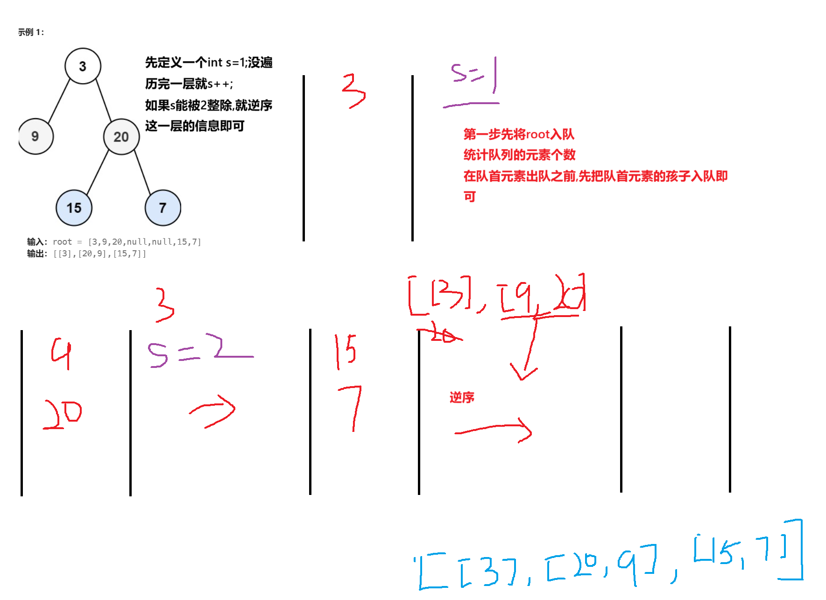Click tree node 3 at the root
[83, 66]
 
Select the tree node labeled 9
[35, 136]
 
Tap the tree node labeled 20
[121, 136]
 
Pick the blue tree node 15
[74, 208]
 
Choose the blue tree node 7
[162, 208]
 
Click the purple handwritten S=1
[474, 75]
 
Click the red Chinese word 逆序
[462, 397]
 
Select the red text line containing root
[519, 134]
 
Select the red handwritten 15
[346, 351]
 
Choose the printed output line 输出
[87, 254]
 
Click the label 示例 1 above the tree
[31, 32]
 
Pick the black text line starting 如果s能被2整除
[188, 105]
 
